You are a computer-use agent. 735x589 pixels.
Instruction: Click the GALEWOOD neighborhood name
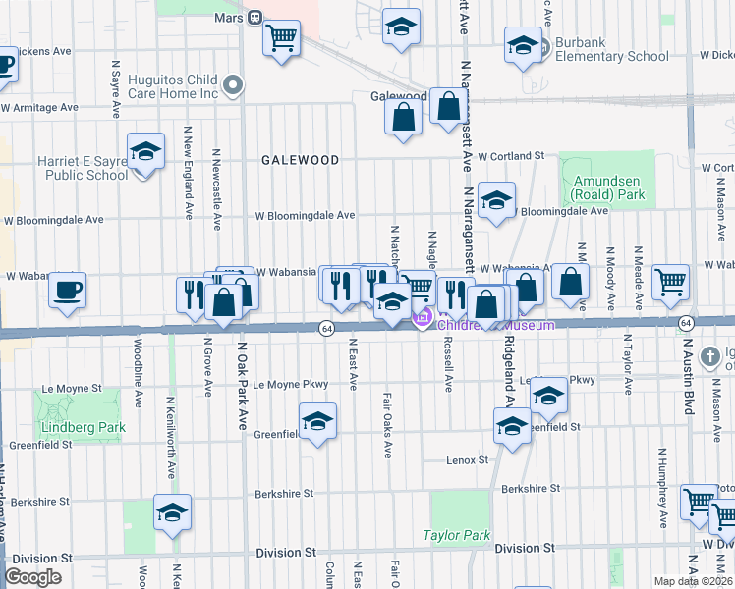[x=300, y=160]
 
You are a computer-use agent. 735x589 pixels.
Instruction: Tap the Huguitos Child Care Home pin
[x=233, y=85]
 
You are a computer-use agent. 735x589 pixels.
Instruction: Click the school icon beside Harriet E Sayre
[x=146, y=153]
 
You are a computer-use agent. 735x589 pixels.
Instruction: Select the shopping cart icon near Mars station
[x=282, y=38]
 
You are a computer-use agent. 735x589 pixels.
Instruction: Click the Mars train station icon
[x=254, y=17]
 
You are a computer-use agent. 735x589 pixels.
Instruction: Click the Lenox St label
[x=468, y=459]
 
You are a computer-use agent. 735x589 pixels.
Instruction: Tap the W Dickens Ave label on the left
[x=36, y=51]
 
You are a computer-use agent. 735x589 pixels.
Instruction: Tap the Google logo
[x=32, y=577]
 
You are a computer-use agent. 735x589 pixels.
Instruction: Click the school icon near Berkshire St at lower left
[x=173, y=511]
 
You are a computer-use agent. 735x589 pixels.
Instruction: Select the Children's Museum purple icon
[x=424, y=319]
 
